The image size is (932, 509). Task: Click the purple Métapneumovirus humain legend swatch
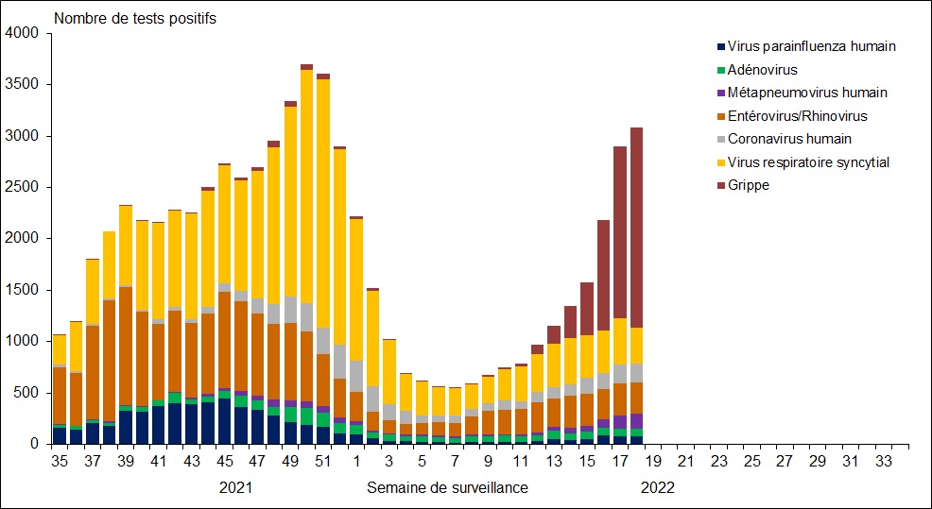[x=721, y=93]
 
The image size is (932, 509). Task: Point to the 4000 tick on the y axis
[x=22, y=33]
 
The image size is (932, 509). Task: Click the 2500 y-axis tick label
[x=22, y=187]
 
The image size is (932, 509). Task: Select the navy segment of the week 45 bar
[x=224, y=421]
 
